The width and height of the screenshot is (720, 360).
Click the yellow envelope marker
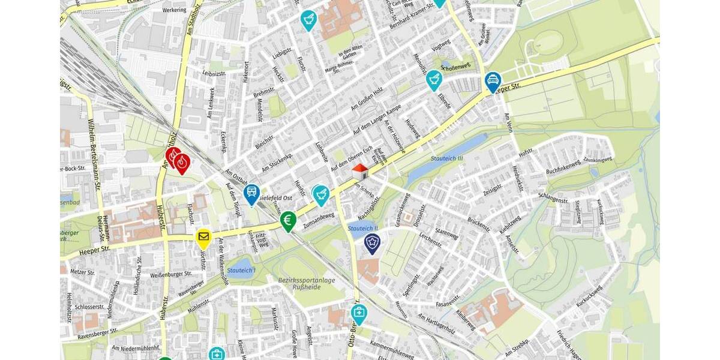pyautogui.click(x=203, y=238)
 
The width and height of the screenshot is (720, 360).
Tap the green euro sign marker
pyautogui.click(x=288, y=220)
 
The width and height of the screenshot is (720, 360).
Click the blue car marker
pyautogui.click(x=493, y=81)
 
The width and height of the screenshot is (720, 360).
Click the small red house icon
pyautogui.click(x=359, y=171)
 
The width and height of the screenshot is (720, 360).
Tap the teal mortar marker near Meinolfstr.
pyautogui.click(x=433, y=79)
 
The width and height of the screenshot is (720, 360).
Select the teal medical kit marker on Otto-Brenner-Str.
pyautogui.click(x=359, y=313)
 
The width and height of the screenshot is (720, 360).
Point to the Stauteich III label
pyautogui.click(x=448, y=158)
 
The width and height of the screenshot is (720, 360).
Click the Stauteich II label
pyautogui.click(x=362, y=229)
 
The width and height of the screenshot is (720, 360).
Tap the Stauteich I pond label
pyautogui.click(x=242, y=271)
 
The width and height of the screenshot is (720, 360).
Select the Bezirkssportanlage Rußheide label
pyautogui.click(x=306, y=283)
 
